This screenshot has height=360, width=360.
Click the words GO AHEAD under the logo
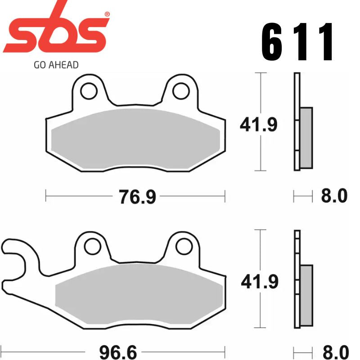point(56,65)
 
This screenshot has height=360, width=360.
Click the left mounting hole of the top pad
point(89,90)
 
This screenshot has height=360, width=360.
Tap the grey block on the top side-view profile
point(306,138)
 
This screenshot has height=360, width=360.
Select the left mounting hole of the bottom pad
point(93,246)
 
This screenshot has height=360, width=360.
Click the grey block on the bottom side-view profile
point(306,295)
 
